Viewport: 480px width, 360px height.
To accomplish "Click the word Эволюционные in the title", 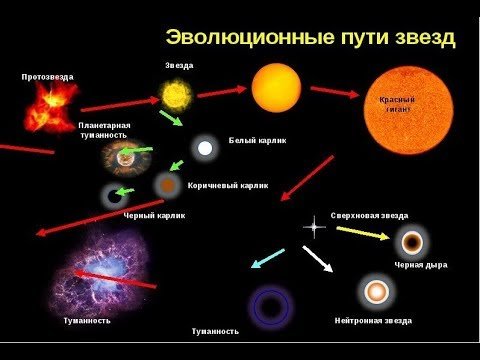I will pos(229,38).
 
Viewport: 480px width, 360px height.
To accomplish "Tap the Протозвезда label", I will pos(47,76).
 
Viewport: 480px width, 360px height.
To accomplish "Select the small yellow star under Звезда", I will pos(176,95).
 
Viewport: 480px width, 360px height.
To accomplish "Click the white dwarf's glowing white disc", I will pos(205,148).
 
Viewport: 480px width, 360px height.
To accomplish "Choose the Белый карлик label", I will pos(257,141).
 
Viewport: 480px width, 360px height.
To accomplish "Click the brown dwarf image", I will pos(168,185).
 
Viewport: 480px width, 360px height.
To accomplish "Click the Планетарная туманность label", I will pos(104,130).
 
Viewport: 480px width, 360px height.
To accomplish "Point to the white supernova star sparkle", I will pos(314,227).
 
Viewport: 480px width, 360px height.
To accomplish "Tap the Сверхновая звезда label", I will pos(369,216).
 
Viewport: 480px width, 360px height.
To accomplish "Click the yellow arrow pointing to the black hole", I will pos(362,234).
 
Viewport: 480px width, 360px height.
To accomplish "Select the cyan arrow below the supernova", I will pos(266,259).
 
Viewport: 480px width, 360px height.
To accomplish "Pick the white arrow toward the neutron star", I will pos(318,260).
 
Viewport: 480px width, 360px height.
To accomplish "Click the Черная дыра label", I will pos(420,265).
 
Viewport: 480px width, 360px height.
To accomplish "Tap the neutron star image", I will pos(376,291).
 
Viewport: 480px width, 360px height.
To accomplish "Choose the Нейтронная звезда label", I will pos(372,321).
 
